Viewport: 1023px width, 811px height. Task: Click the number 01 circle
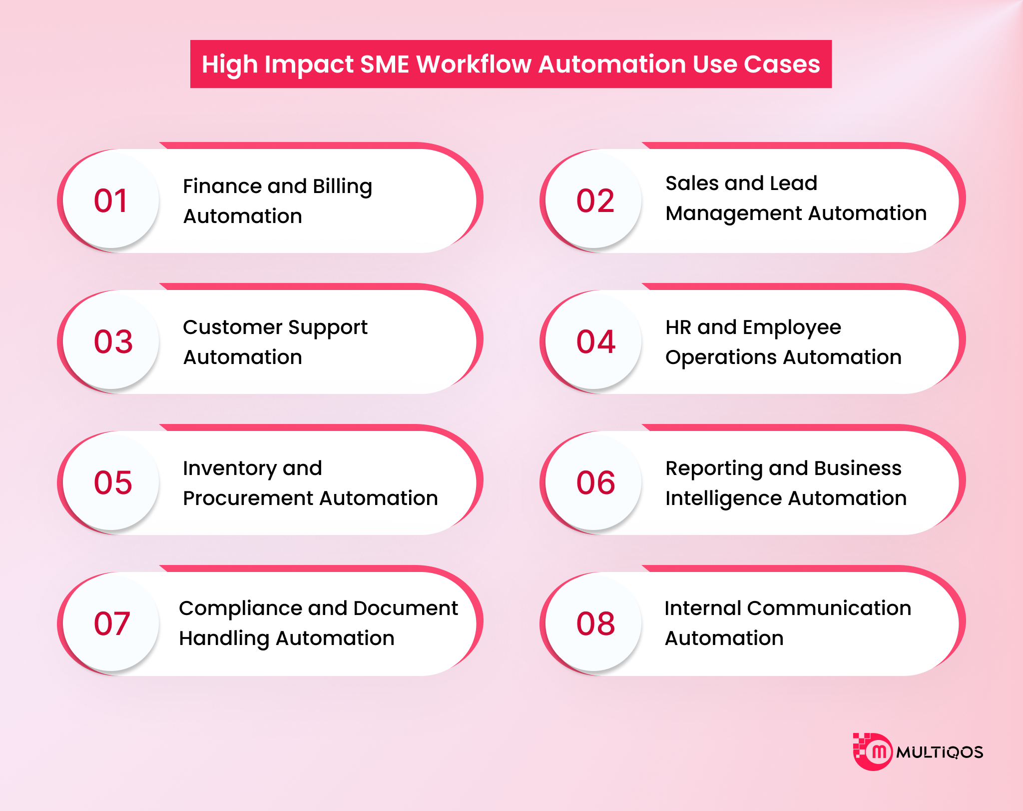(111, 200)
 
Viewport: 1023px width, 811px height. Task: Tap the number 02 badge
(594, 200)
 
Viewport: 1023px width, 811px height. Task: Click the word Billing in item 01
(342, 186)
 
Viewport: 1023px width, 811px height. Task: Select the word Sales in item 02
(692, 183)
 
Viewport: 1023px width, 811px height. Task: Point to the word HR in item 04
(678, 327)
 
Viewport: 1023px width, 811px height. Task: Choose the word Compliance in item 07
(241, 608)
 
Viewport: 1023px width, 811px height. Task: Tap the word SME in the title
(385, 64)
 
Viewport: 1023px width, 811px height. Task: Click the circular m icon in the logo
(877, 752)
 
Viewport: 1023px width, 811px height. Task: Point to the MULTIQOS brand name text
(940, 752)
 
